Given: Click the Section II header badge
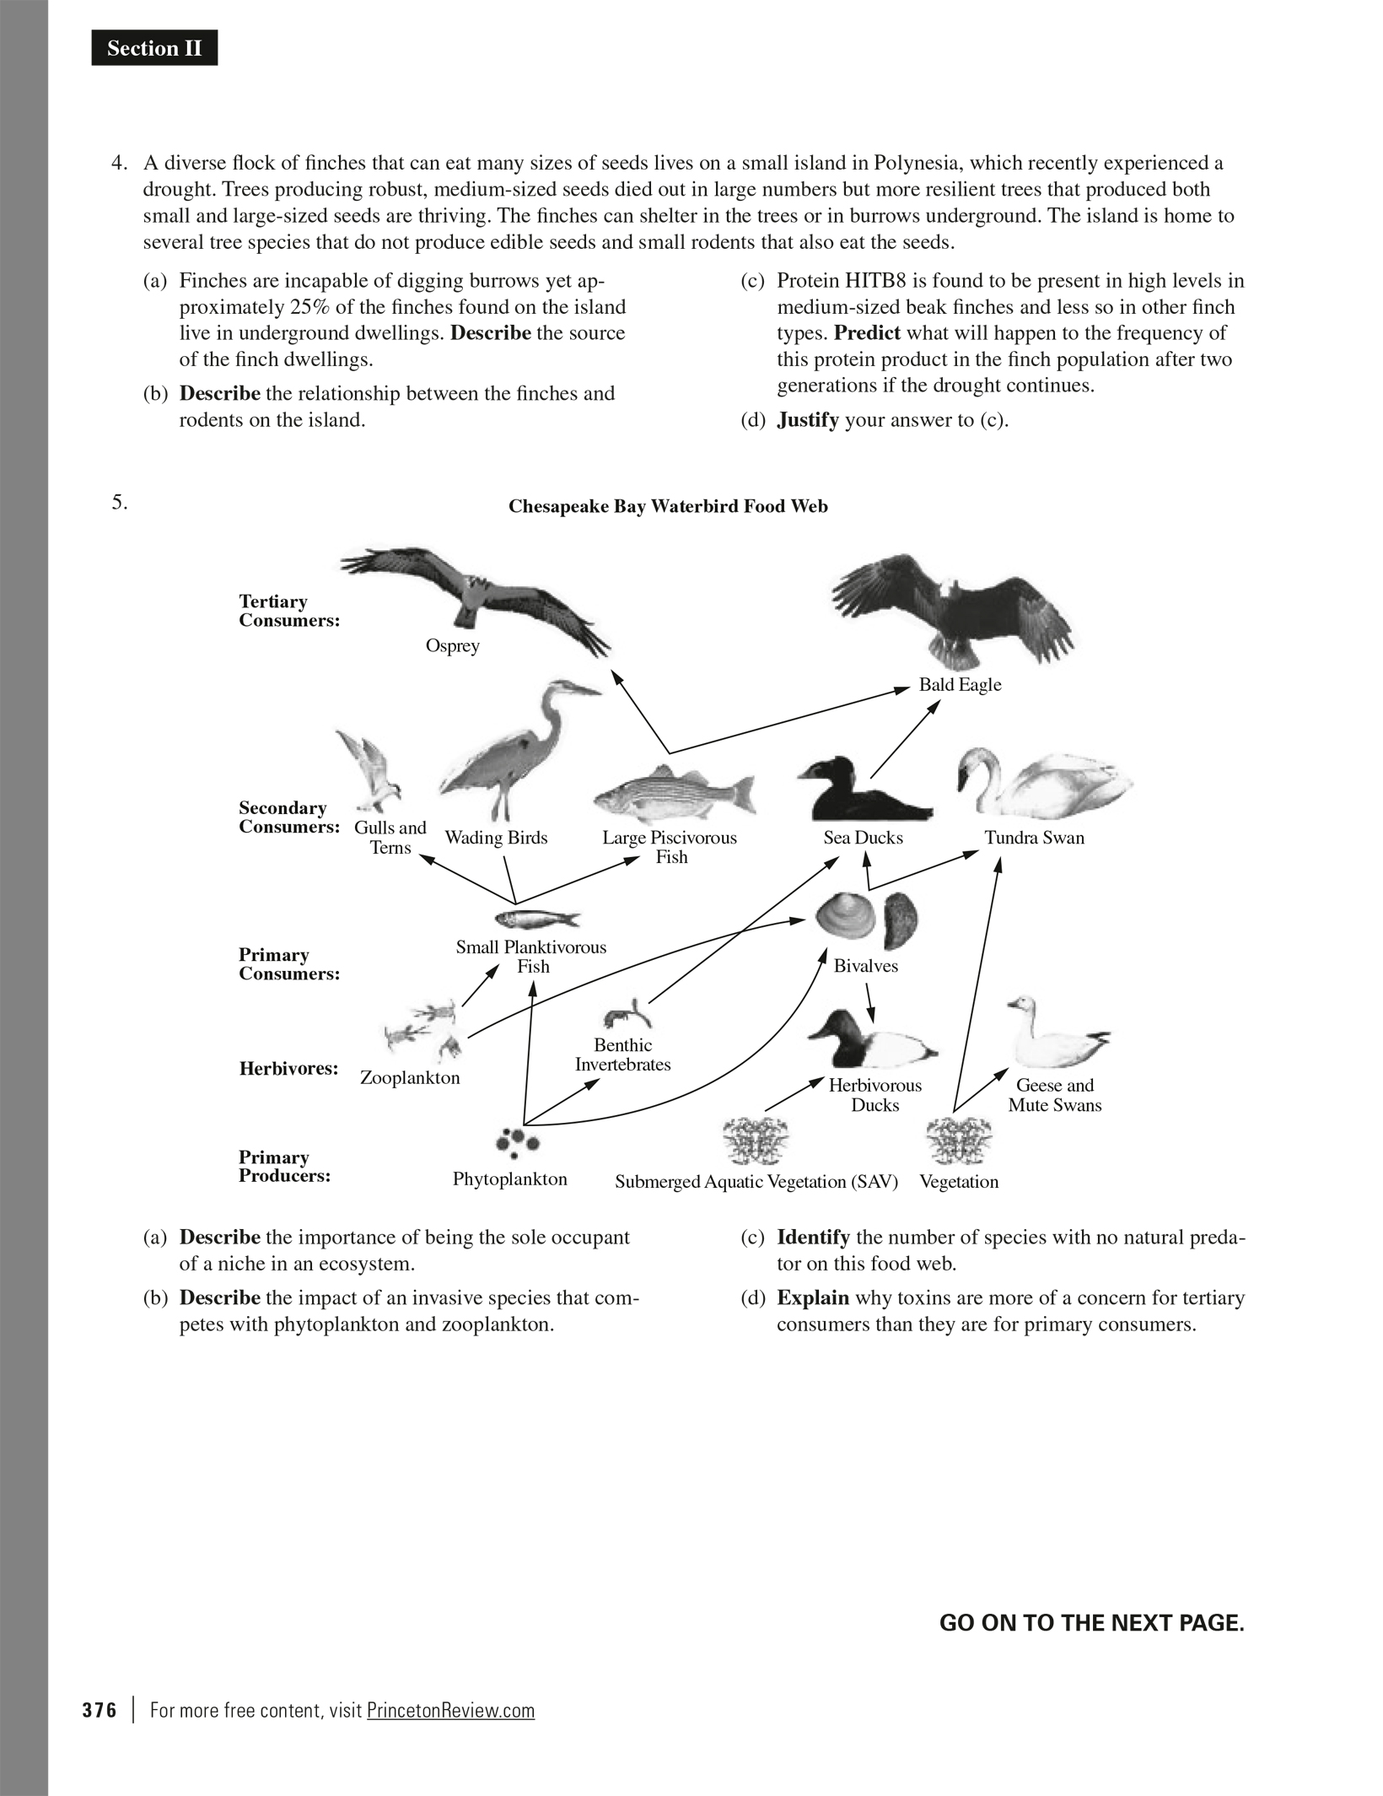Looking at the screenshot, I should point(154,49).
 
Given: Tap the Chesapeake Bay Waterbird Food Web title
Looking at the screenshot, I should point(668,506).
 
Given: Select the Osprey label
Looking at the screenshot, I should point(452,646).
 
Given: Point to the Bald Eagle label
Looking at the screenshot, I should point(960,685).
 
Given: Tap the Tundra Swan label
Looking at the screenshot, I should point(1034,838).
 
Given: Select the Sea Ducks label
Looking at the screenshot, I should point(863,838).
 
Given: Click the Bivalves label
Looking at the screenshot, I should point(865,966).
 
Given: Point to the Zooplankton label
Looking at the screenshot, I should point(410,1078).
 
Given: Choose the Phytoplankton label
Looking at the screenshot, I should point(509,1179).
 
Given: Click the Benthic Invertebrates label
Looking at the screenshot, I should point(622,1055).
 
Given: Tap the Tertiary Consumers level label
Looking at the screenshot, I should point(289,611).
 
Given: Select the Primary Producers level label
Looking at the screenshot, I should point(284,1167).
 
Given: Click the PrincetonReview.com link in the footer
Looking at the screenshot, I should point(450,1710).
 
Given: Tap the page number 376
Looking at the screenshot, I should point(100,1710).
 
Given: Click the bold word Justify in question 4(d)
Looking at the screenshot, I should point(807,420).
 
